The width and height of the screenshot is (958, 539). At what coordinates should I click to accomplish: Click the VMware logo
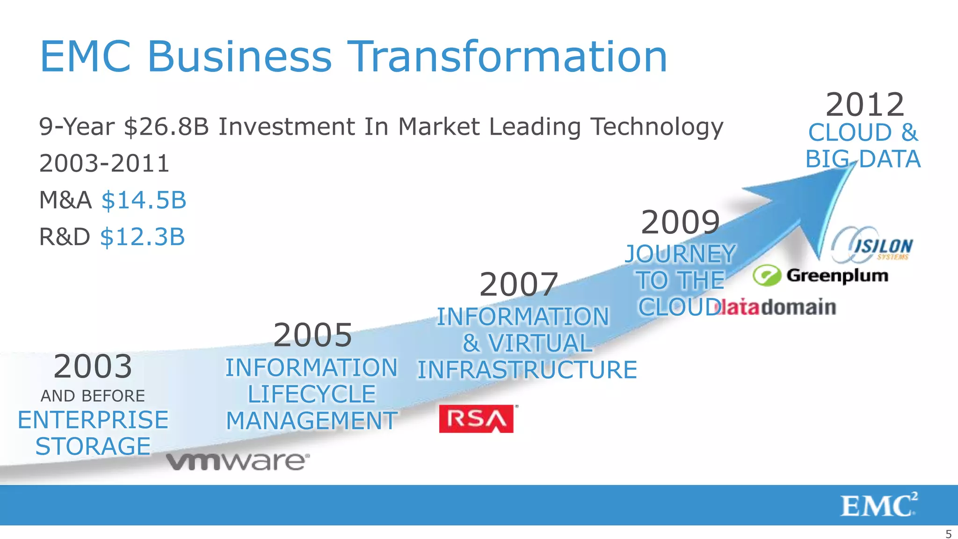click(238, 461)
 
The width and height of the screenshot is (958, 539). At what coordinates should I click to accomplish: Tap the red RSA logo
click(476, 419)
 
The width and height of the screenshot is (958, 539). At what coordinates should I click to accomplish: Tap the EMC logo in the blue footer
click(878, 505)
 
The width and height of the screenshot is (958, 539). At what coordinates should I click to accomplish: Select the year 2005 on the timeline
click(312, 335)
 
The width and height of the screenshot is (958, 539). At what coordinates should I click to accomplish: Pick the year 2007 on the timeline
click(519, 284)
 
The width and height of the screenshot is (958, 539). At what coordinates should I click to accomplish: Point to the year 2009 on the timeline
click(680, 222)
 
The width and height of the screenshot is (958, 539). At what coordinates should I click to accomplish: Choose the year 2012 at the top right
click(864, 104)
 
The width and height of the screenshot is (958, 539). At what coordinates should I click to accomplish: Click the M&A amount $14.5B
click(144, 200)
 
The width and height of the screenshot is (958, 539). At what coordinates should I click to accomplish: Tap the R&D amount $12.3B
click(143, 237)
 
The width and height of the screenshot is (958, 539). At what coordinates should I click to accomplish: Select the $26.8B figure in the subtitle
click(167, 127)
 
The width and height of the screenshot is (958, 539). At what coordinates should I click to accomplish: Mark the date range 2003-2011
click(104, 163)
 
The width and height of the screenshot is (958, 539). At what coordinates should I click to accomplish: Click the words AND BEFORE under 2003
click(93, 396)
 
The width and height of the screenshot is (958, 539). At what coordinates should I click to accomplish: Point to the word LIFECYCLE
click(312, 394)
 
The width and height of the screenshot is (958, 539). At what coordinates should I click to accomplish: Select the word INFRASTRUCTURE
click(527, 370)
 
